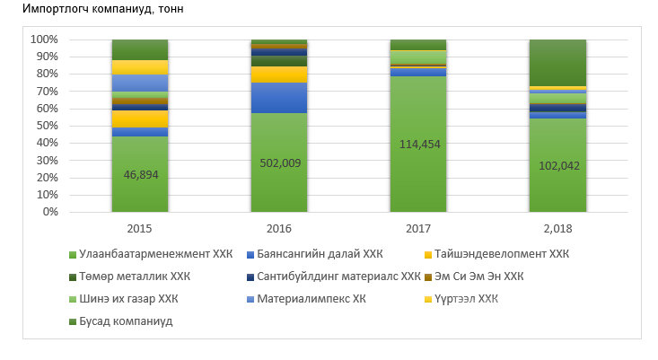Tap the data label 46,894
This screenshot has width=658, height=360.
pyautogui.click(x=140, y=174)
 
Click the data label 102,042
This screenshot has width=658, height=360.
pyautogui.click(x=557, y=165)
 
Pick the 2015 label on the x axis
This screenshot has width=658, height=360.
pyautogui.click(x=140, y=229)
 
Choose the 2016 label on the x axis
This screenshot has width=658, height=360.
pyautogui.click(x=279, y=229)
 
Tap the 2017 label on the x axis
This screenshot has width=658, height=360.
pyautogui.click(x=418, y=229)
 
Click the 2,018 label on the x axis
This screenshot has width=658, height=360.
pyautogui.click(x=557, y=229)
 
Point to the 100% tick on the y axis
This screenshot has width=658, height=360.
pyautogui.click(x=44, y=40)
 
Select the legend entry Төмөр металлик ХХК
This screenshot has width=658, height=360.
pyautogui.click(x=135, y=276)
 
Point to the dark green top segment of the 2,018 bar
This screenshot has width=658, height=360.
pyautogui.click(x=557, y=63)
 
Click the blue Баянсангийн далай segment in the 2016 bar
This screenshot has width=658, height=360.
pyautogui.click(x=279, y=97)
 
